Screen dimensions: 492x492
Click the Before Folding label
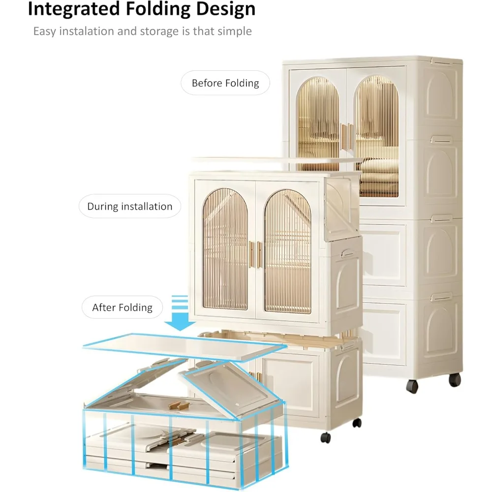(x=225, y=83)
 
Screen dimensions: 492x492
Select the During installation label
(x=130, y=207)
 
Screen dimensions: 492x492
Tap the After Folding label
(x=123, y=308)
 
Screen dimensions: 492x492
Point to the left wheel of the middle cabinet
(x=325, y=437)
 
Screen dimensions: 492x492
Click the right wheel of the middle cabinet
(x=357, y=422)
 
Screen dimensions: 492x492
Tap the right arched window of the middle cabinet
(x=287, y=251)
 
